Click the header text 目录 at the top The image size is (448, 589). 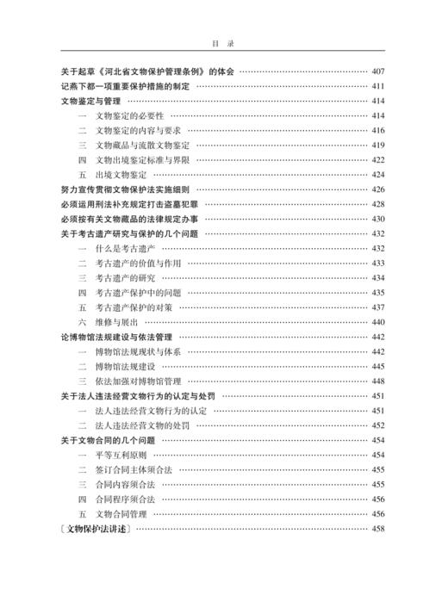tap(223, 40)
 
